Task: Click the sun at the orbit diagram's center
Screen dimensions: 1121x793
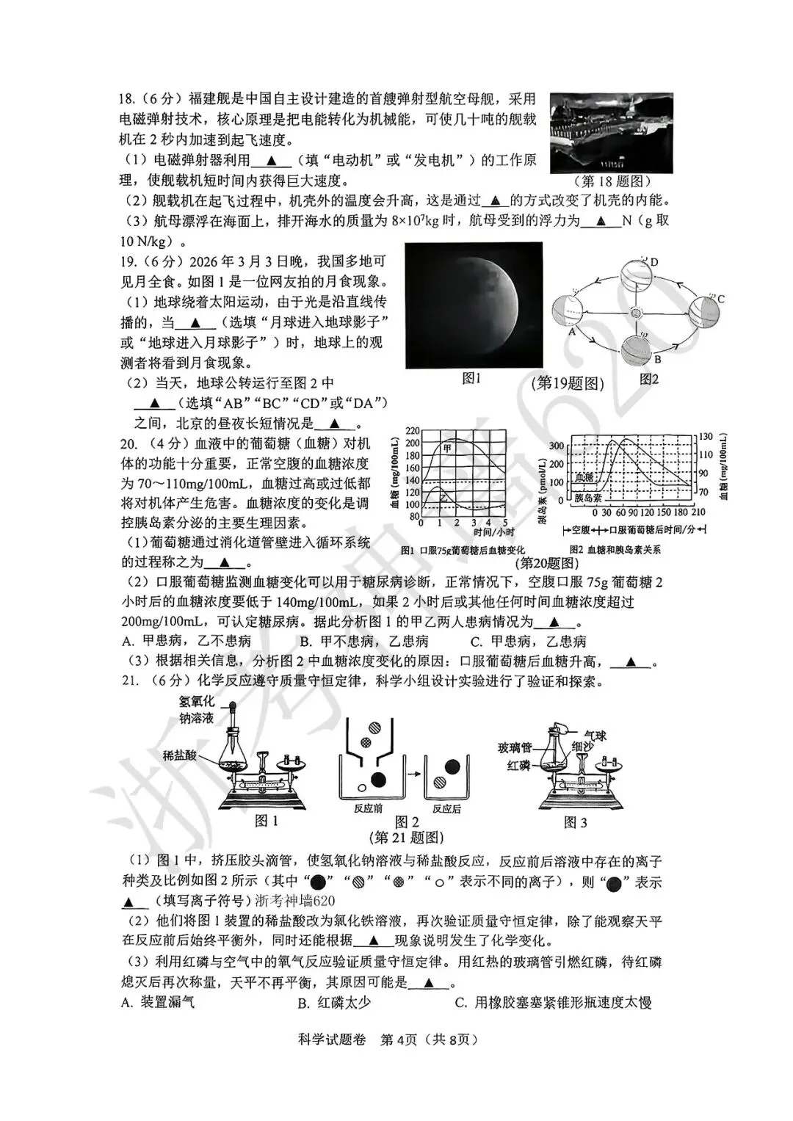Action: [637, 313]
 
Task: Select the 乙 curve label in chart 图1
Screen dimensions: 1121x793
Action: [443, 497]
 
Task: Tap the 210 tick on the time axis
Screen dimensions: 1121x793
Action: [698, 512]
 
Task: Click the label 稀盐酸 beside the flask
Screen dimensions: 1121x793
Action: [180, 755]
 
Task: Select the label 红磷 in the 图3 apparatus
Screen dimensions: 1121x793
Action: [518, 765]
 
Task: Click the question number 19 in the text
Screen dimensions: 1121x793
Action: [129, 261]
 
